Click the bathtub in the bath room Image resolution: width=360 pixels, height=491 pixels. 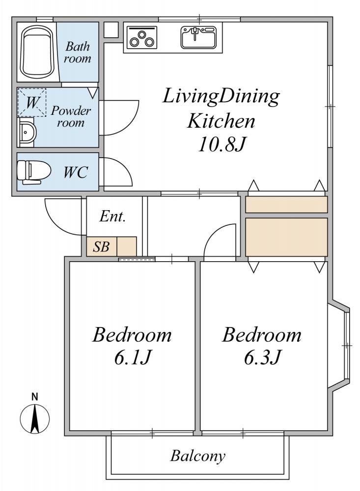click(x=37, y=52)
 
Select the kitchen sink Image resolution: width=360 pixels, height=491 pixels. click(x=198, y=37)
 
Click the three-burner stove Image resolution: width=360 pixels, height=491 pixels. click(x=141, y=38)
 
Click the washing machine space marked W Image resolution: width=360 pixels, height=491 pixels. click(x=31, y=103)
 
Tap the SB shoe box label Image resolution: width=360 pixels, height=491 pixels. click(x=101, y=247)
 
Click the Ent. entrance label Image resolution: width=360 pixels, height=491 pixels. click(x=113, y=216)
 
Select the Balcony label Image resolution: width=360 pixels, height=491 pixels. click(x=198, y=456)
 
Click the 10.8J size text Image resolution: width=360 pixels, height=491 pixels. click(x=221, y=145)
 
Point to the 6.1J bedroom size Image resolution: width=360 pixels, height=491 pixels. click(x=133, y=357)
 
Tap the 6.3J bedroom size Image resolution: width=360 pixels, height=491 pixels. click(x=262, y=357)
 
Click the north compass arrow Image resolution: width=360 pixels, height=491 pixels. click(x=35, y=419)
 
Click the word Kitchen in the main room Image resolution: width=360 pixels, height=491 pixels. click(x=221, y=121)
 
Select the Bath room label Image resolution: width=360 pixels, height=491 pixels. click(x=78, y=53)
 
